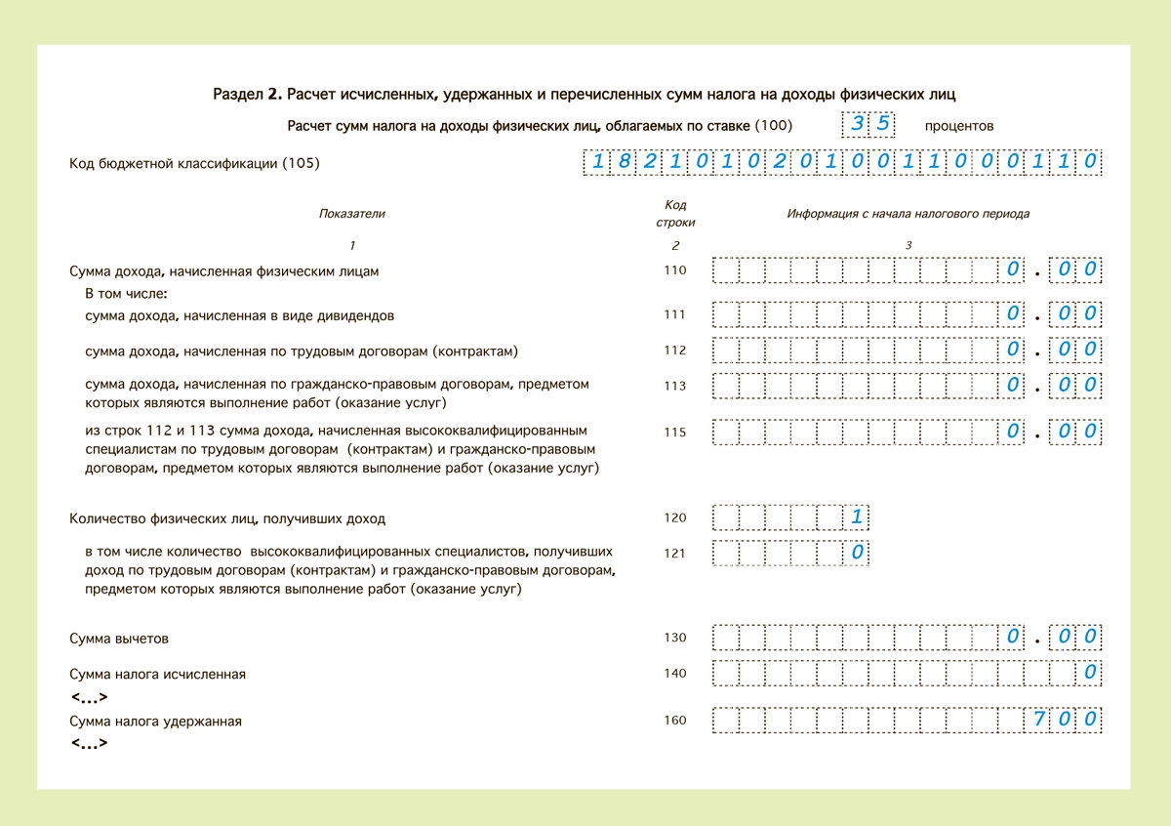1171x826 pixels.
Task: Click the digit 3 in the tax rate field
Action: (x=857, y=124)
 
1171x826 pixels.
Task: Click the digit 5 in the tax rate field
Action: (x=881, y=124)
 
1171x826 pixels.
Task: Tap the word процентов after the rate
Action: (x=960, y=126)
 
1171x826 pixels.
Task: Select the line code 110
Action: (x=674, y=270)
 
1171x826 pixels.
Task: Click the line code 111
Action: (x=674, y=315)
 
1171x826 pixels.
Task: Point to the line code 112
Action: (x=674, y=351)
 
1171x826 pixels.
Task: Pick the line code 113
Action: (x=674, y=386)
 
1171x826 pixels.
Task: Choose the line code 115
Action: (x=674, y=433)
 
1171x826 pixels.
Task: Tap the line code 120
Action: (x=674, y=518)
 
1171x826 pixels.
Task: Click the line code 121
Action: (x=674, y=554)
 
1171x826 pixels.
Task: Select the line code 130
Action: (x=674, y=639)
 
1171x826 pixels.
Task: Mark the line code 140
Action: (x=674, y=674)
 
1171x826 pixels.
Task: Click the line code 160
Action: (x=674, y=721)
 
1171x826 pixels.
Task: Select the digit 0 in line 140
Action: (x=1090, y=673)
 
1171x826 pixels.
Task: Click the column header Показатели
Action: (x=352, y=214)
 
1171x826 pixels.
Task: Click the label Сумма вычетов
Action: (x=119, y=639)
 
